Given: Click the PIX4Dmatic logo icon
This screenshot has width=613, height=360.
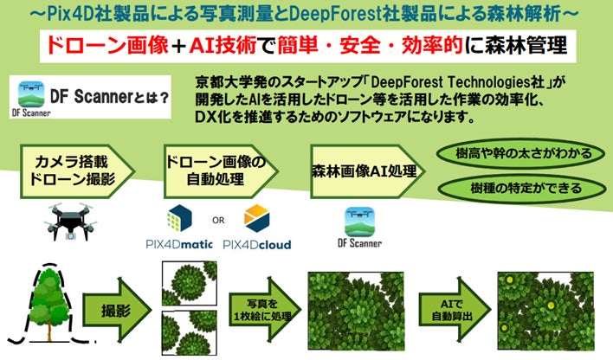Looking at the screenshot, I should coord(177,217).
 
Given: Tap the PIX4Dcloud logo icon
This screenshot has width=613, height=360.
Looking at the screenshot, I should coord(257,215).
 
